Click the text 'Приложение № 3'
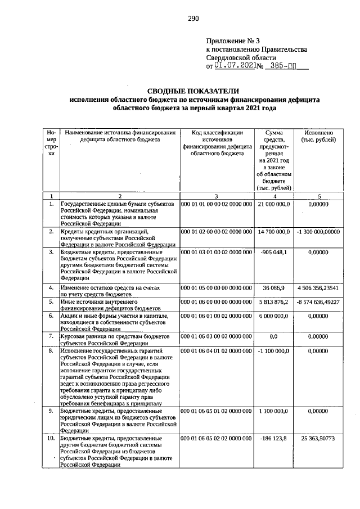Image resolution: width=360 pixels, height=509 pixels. coord(233,40)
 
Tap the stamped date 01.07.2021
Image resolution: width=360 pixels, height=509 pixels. coord(235,66)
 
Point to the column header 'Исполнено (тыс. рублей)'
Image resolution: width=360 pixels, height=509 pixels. coord(319,136)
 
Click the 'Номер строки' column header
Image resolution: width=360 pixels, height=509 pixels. coord(51,143)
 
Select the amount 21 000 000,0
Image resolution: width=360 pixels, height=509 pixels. coord(272,204)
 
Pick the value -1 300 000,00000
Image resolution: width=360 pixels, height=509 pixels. coord(319,231)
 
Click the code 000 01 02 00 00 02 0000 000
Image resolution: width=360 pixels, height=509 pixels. coord(216,231)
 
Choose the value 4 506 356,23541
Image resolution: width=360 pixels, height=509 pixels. coord(319,288)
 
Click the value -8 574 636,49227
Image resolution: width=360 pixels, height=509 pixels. coord(319,302)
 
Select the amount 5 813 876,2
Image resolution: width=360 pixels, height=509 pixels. coord(272,302)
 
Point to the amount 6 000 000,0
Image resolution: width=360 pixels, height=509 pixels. coord(272,316)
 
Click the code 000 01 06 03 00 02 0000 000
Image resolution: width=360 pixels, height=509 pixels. coord(216,336)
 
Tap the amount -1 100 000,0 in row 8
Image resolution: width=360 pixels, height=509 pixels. coord(272,350)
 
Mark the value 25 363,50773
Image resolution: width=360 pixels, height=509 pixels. coord(319,438)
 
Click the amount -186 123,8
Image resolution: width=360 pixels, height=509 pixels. coord(273,438)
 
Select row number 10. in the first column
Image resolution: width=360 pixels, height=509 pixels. coord(51,438)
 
